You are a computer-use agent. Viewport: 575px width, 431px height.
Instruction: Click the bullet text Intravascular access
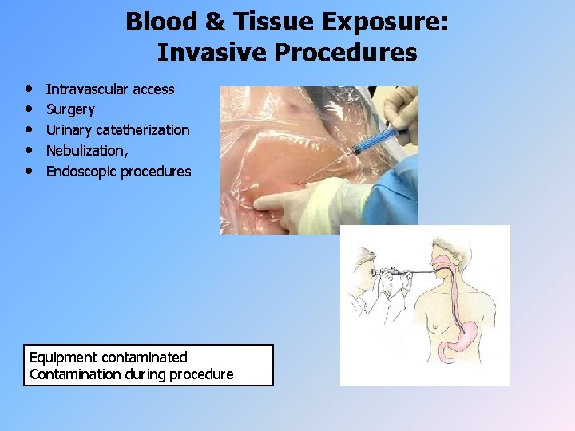109,89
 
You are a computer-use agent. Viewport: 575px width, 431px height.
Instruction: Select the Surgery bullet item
70,109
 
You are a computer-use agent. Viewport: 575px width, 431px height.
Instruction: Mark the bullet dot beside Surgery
29,109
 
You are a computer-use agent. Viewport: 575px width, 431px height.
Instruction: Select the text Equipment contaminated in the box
108,358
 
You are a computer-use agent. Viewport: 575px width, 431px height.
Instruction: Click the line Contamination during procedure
131,374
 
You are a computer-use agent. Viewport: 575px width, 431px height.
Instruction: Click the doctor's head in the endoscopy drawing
365,263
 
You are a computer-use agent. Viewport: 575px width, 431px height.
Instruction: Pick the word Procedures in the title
343,53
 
